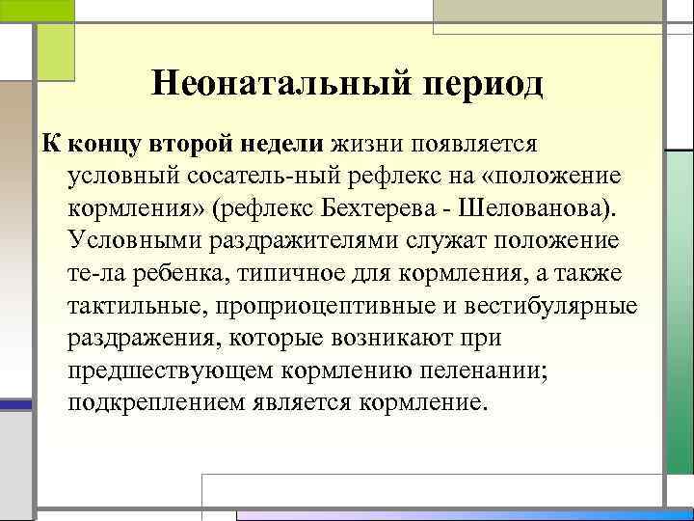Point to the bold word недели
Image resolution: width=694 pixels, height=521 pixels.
pyautogui.click(x=281, y=145)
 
